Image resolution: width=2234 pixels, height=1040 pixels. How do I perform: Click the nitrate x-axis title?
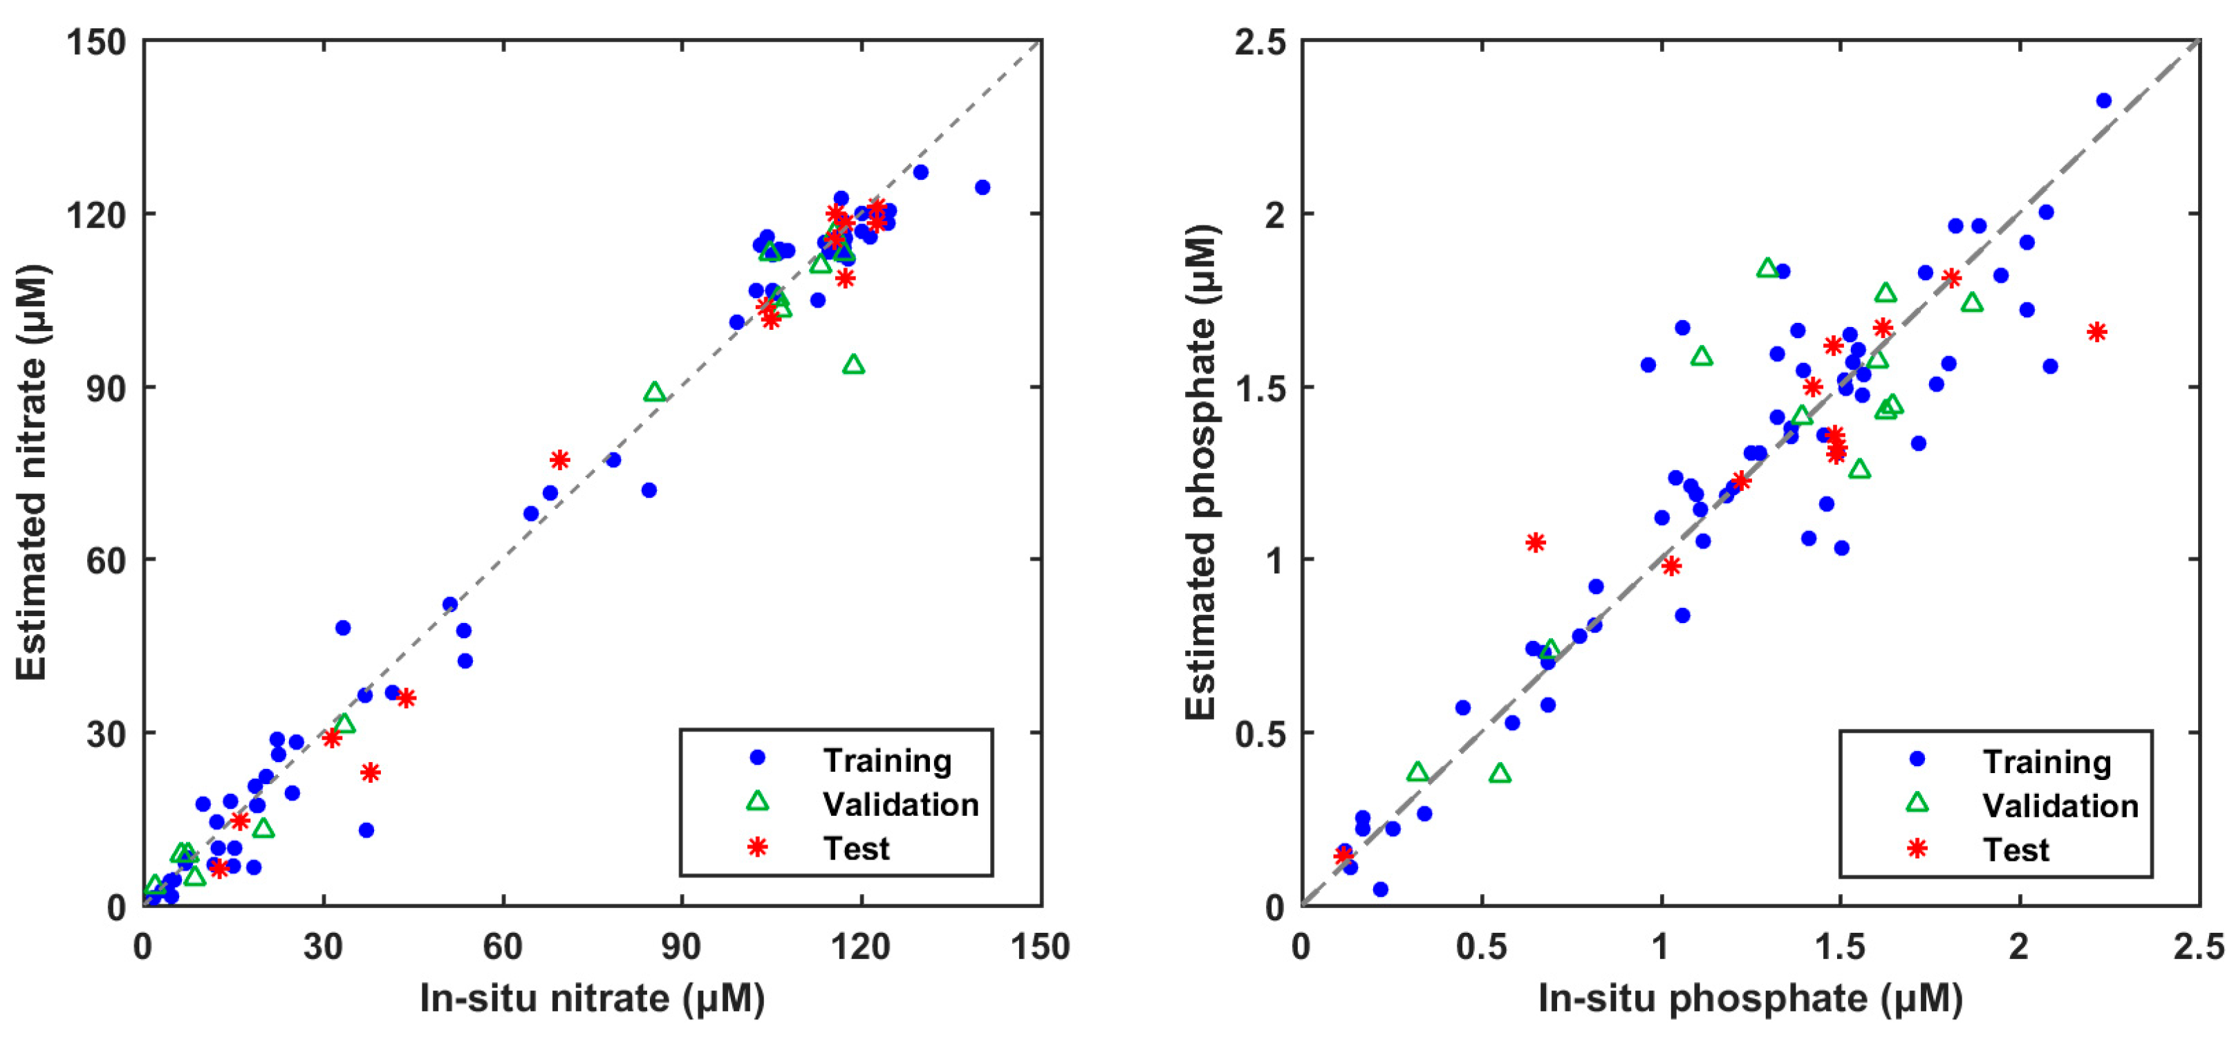pos(593,999)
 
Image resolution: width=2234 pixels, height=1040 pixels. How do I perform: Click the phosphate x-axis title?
pos(1750,999)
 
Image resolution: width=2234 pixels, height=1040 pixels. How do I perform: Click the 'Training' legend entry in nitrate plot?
pos(886,761)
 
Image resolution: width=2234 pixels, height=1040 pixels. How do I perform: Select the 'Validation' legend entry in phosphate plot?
pos(2060,806)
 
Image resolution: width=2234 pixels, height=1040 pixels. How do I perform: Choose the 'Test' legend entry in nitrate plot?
pos(856,848)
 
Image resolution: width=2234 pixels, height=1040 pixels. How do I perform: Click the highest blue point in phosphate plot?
pos(2104,101)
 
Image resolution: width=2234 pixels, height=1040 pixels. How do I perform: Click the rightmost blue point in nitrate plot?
pos(982,187)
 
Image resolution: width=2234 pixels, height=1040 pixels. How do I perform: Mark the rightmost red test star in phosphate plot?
pos(2097,332)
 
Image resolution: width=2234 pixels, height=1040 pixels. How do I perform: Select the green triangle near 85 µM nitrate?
pos(655,393)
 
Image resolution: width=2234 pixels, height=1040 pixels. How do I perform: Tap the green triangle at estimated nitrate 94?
pos(853,365)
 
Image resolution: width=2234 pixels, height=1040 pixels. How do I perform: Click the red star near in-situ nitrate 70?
pos(559,460)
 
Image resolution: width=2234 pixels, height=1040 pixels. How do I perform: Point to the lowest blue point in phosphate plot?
pos(1381,889)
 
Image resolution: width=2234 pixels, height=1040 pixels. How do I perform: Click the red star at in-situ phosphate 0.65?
pos(1535,543)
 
